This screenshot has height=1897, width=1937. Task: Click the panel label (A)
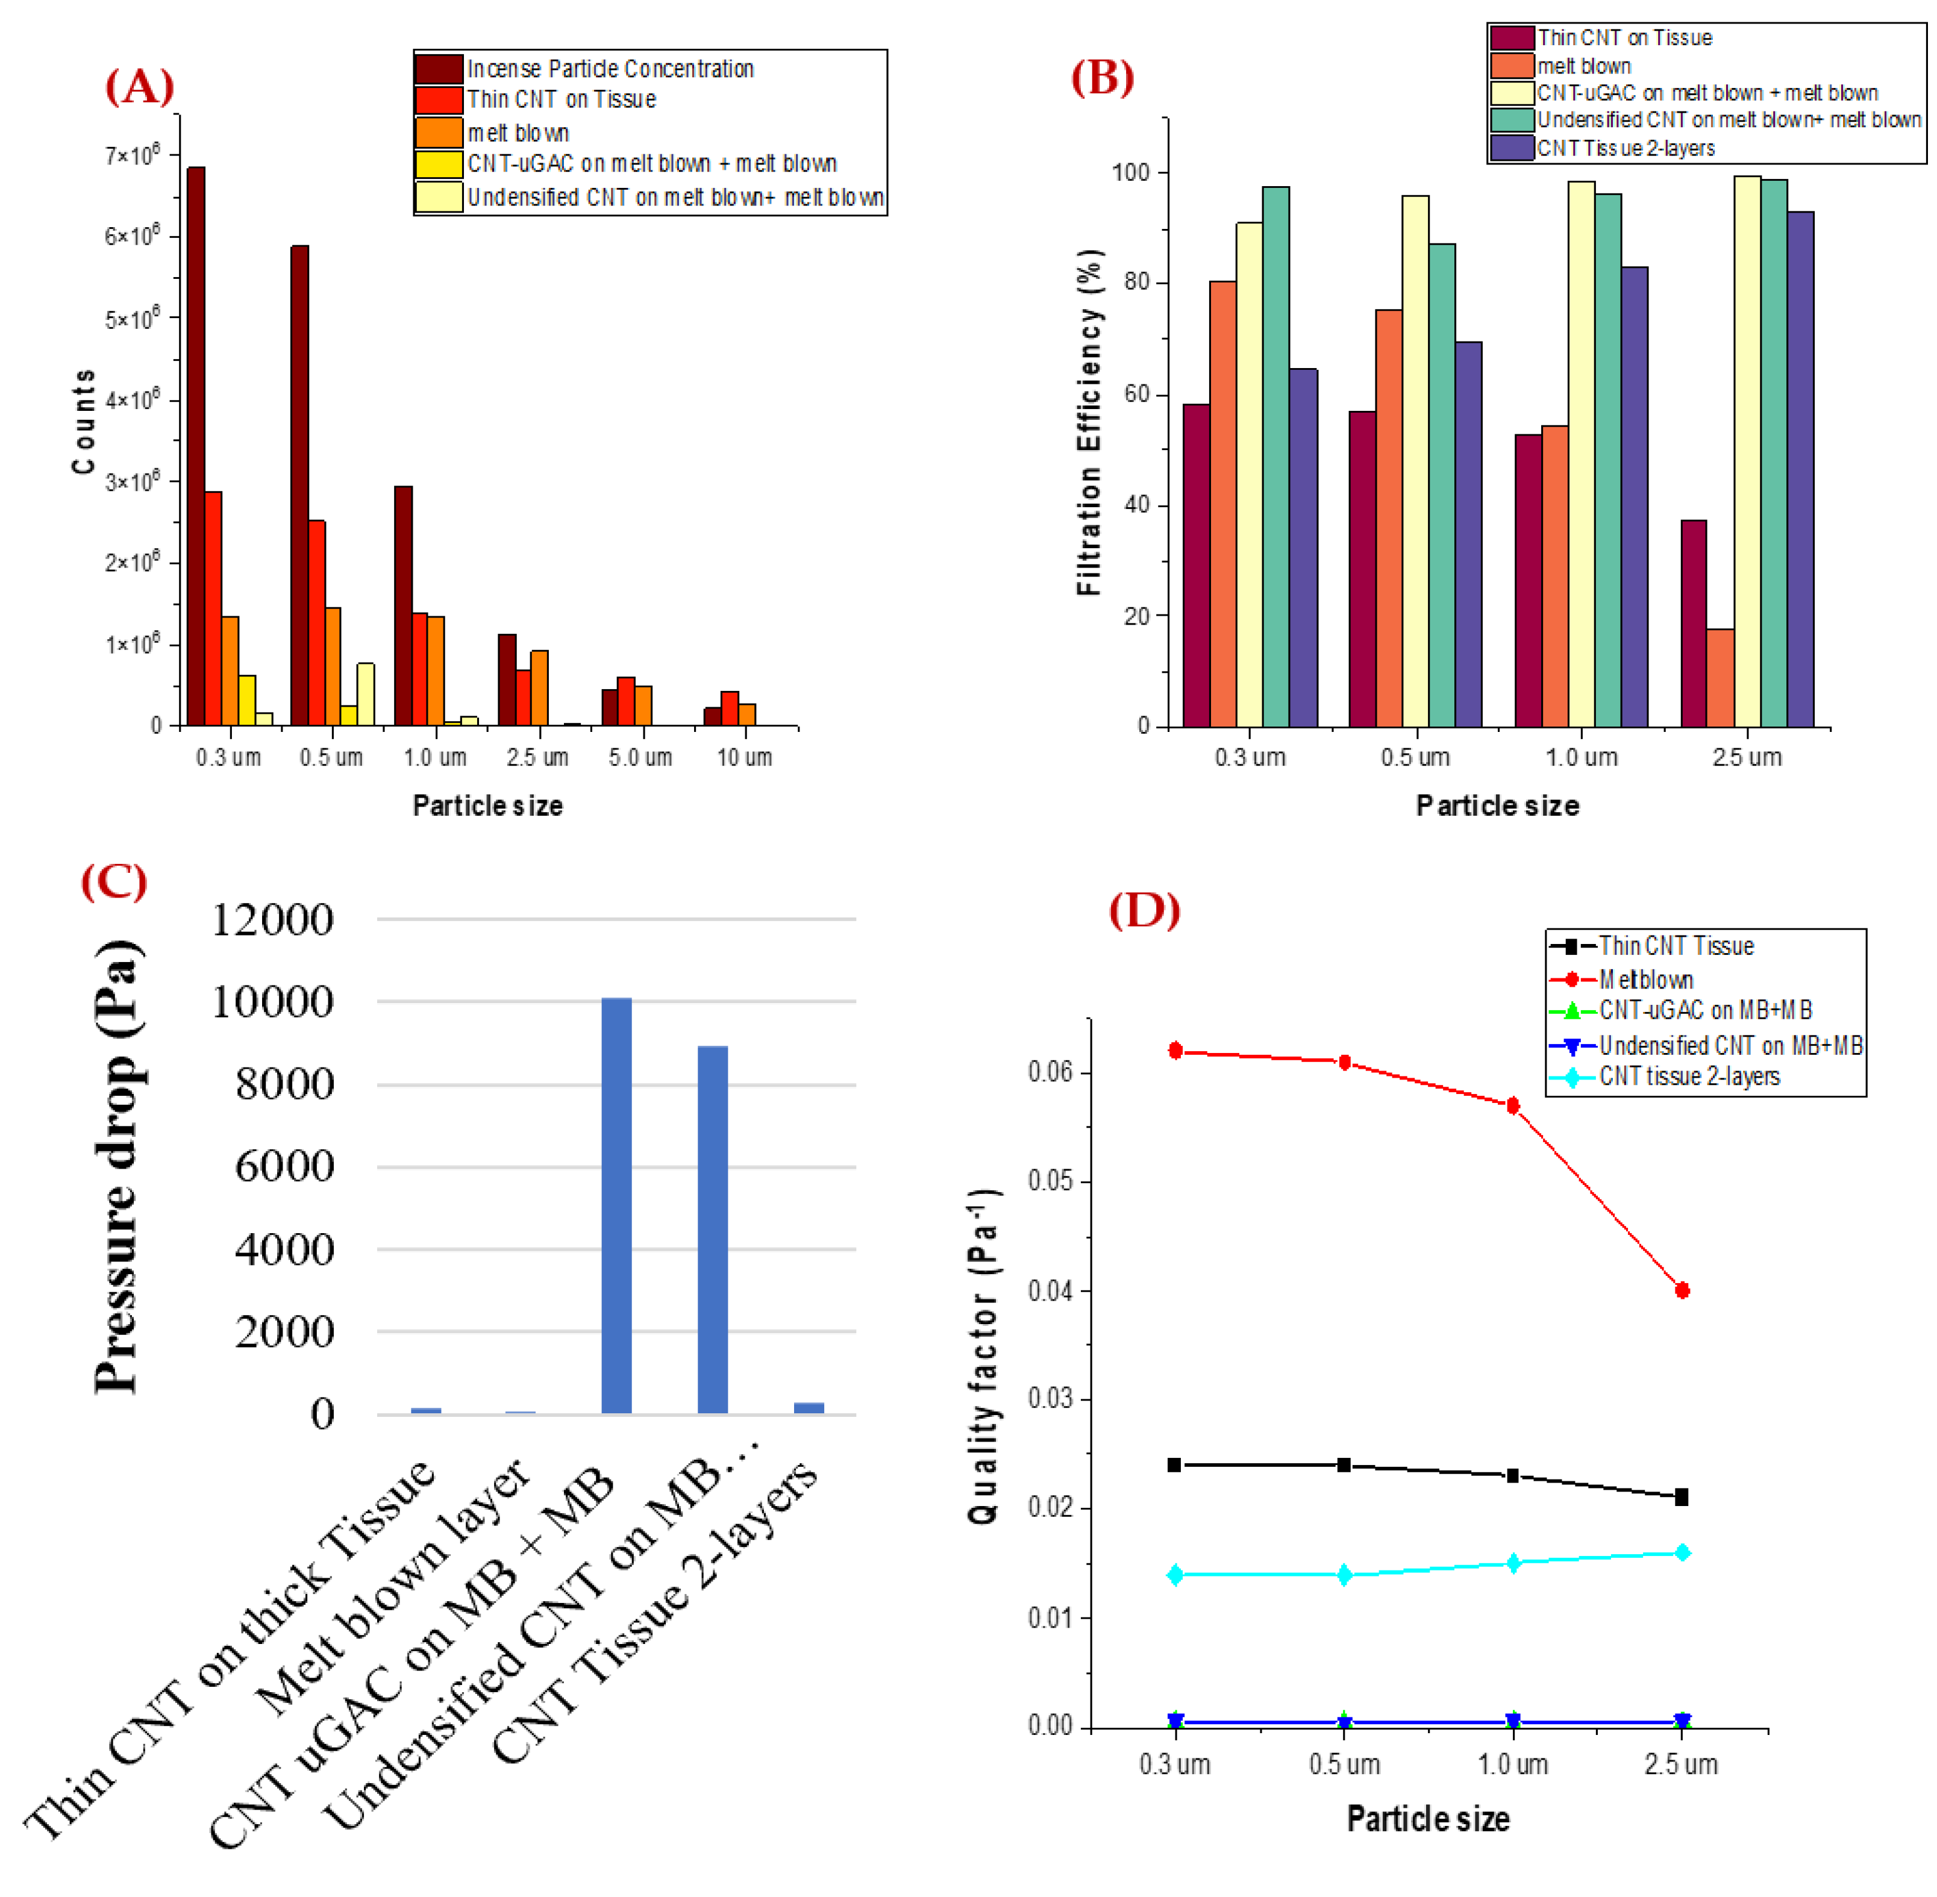pos(140,87)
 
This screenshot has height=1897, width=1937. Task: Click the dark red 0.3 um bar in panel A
pos(196,445)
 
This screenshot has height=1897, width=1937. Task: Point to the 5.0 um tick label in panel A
pos(640,757)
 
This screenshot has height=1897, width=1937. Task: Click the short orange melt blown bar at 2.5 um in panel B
pos(1719,678)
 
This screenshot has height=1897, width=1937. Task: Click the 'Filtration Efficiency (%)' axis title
pos(1089,422)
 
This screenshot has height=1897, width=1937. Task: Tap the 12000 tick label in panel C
pos(272,920)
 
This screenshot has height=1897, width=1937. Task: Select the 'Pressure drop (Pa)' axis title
pos(119,1166)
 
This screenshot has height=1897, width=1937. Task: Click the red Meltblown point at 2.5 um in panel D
pos(1682,1290)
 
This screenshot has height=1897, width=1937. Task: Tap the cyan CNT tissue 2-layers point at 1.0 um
pos(1512,1563)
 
